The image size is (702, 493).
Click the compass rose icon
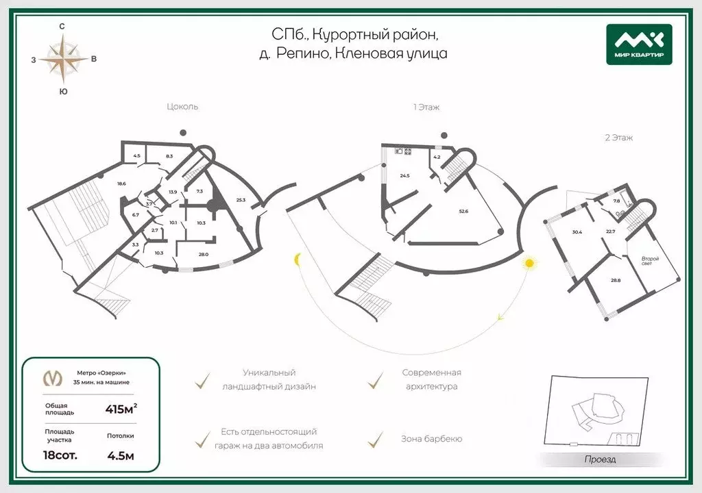(63, 59)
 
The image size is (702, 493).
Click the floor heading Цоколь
(182, 107)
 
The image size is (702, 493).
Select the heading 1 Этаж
(426, 107)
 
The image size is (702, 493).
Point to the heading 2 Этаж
(618, 138)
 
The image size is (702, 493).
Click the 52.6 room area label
(463, 212)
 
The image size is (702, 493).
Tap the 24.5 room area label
(404, 176)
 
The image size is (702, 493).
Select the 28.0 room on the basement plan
(203, 254)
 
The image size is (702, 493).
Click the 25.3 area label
(241, 200)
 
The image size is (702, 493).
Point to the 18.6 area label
(121, 183)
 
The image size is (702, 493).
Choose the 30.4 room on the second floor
(577, 232)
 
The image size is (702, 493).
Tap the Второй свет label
(651, 261)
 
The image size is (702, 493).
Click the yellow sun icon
(529, 262)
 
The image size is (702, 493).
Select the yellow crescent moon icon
(298, 260)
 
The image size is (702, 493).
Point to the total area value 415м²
(121, 409)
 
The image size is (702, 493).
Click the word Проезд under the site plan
(600, 459)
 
